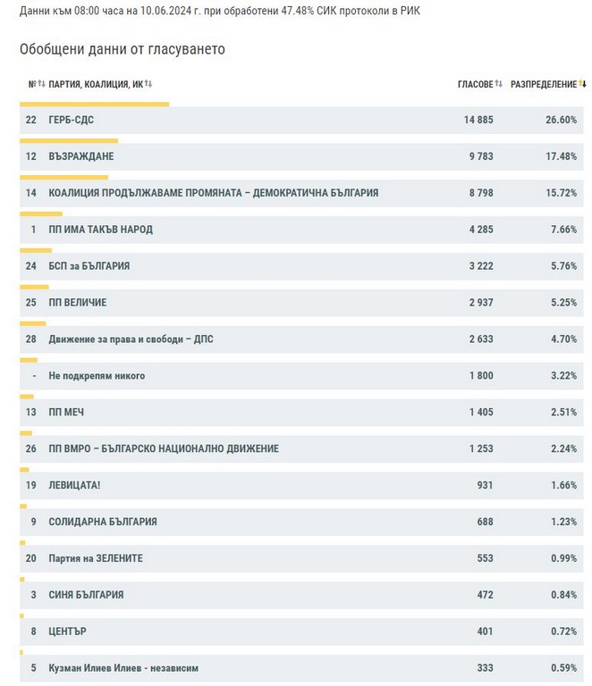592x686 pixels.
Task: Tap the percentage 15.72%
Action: click(562, 193)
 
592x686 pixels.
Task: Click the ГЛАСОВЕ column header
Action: click(476, 84)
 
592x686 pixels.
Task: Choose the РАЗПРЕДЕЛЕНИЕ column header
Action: click(544, 84)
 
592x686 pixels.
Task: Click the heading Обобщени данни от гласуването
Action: click(123, 49)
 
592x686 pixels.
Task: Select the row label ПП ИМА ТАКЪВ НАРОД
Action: click(100, 230)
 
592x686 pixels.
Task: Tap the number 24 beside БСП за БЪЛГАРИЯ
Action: click(31, 266)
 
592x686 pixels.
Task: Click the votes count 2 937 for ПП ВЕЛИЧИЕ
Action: click(478, 303)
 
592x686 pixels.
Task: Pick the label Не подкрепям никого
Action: click(97, 376)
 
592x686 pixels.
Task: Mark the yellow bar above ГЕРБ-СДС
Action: click(94, 104)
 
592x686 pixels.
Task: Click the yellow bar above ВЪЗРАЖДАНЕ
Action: click(69, 140)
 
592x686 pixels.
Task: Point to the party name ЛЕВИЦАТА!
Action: click(74, 485)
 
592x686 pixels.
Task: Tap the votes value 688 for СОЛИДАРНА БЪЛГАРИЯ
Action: click(484, 522)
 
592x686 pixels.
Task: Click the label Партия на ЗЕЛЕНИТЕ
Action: click(96, 558)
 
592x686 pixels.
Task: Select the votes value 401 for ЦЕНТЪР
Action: click(484, 632)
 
